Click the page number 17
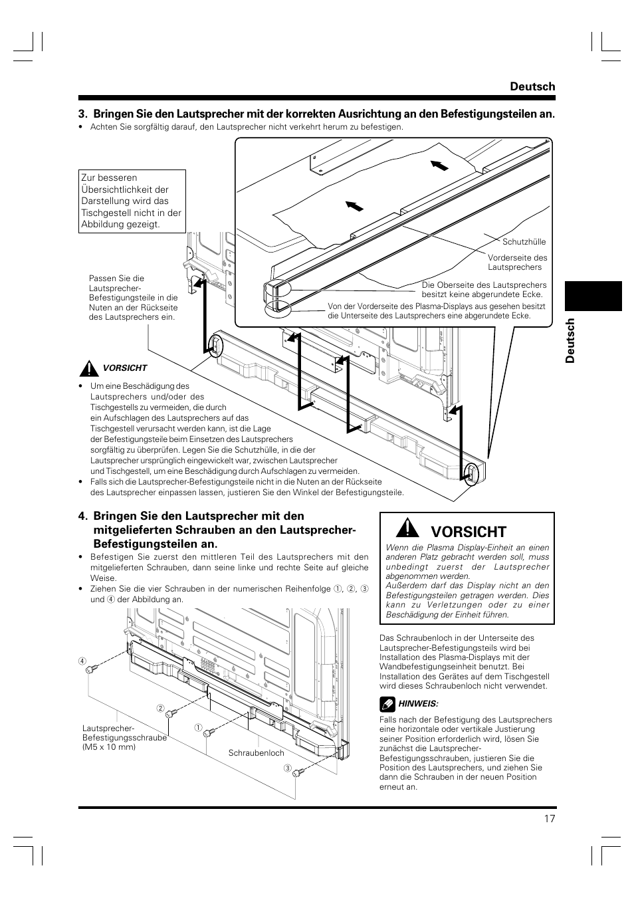click(x=549, y=819)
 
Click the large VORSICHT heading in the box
click(x=469, y=532)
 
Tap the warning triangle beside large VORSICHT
click(x=406, y=529)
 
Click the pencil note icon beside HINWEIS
click(x=386, y=703)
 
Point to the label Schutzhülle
click(x=524, y=242)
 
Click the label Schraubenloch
click(x=256, y=753)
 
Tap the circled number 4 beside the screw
click(x=82, y=661)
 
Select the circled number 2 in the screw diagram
click(x=160, y=708)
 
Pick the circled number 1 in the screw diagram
click(x=198, y=728)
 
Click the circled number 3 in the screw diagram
click(x=288, y=769)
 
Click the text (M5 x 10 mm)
click(x=109, y=747)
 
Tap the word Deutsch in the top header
click(x=532, y=86)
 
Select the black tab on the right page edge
click(x=593, y=296)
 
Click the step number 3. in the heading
click(x=82, y=114)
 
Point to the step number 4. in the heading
click(x=82, y=516)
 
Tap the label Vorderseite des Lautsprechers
click(x=517, y=263)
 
